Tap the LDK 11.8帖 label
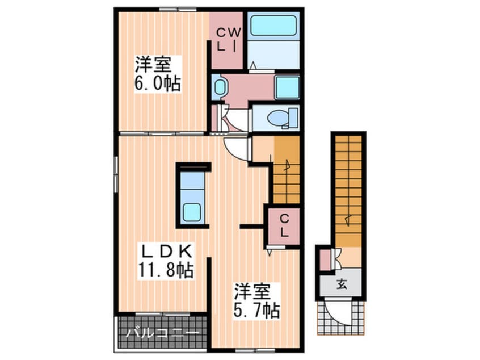click(166, 261)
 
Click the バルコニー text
click(162, 332)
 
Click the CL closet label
click(284, 225)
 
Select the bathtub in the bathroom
click(273, 26)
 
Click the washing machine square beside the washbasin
click(287, 87)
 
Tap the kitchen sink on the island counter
click(192, 212)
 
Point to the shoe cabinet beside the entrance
click(325, 260)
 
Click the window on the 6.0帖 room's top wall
click(178, 9)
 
